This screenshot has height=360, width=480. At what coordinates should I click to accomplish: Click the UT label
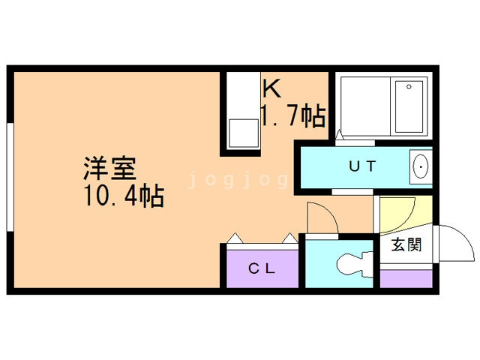[x=361, y=166]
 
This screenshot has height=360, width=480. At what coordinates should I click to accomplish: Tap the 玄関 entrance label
[x=406, y=244]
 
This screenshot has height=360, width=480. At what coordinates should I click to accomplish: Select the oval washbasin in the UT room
[x=421, y=166]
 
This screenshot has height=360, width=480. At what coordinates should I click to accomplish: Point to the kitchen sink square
[x=241, y=133]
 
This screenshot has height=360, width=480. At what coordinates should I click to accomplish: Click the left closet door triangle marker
[x=235, y=238]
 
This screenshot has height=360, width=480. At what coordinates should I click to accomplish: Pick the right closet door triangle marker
[x=289, y=238]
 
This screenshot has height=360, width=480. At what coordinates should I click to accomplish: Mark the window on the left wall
[x=9, y=176]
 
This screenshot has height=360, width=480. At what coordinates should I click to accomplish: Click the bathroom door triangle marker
[x=339, y=135]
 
